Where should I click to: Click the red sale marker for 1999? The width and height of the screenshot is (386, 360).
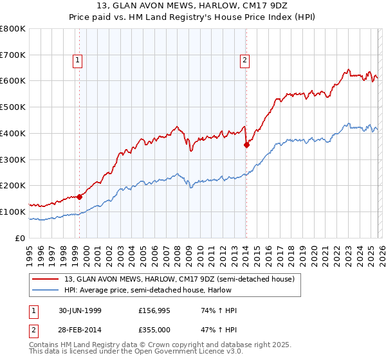point(80,197)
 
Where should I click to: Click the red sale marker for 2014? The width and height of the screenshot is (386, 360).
point(246,145)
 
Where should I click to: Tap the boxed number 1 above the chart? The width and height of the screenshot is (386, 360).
point(77,61)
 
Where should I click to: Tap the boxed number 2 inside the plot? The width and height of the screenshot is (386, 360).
point(245,61)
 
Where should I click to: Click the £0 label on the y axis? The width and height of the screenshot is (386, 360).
point(20,238)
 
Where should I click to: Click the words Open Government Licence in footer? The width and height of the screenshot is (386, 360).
point(179,352)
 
